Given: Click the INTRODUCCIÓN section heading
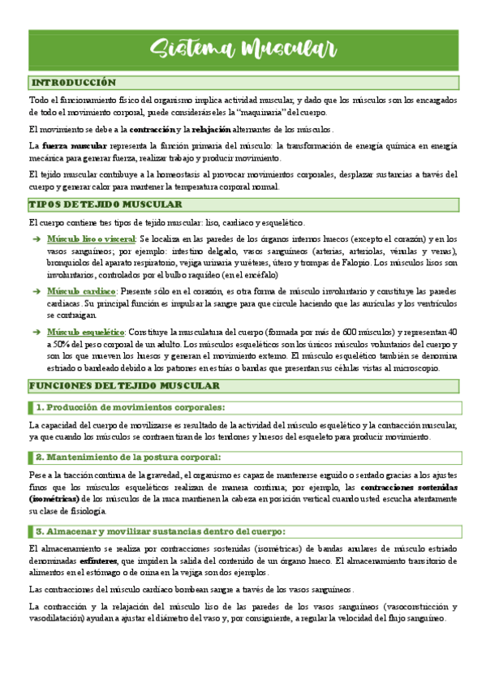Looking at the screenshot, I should pyautogui.click(x=73, y=83).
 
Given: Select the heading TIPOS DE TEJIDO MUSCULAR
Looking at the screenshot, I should pyautogui.click(x=106, y=205).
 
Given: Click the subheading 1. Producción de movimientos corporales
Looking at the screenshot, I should pyautogui.click(x=130, y=407).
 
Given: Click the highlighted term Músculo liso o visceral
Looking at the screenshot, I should pyautogui.click(x=91, y=239).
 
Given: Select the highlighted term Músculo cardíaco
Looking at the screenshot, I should pyautogui.click(x=81, y=291).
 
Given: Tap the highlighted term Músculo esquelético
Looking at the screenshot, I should pyautogui.click(x=85, y=332).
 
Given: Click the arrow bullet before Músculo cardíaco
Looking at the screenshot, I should pyautogui.click(x=35, y=291).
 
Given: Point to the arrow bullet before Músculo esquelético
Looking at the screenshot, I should pyautogui.click(x=35, y=332).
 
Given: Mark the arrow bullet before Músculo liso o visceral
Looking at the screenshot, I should pyautogui.click(x=35, y=239).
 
